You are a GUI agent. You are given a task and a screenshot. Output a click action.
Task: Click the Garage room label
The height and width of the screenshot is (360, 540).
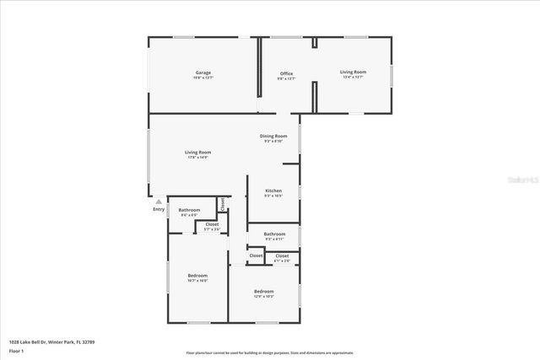(x=203, y=73)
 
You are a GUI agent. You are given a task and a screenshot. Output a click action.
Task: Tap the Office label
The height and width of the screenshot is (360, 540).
(x=286, y=74)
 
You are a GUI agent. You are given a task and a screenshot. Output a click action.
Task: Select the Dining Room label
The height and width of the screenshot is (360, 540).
(x=273, y=136)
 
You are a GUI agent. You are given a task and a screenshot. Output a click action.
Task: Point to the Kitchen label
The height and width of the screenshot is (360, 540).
(x=273, y=191)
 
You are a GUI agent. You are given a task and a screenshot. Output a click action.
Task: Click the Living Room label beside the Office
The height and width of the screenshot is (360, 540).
(x=353, y=73)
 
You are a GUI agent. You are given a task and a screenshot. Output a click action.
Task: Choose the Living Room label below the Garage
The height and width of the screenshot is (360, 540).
(x=197, y=153)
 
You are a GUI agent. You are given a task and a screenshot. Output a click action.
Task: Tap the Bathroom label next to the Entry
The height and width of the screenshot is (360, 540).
(x=189, y=210)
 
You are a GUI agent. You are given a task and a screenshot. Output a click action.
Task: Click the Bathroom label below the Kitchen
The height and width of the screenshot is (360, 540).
(x=274, y=234)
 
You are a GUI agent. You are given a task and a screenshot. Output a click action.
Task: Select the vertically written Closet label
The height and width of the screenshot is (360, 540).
(x=222, y=203)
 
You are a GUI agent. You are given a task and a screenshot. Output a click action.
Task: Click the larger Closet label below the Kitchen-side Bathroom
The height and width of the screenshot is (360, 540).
(x=282, y=255)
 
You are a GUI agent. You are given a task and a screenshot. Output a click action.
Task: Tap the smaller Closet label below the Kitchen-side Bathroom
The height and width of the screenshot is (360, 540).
(x=256, y=255)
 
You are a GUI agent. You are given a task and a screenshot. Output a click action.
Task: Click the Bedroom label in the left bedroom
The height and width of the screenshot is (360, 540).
(x=197, y=276)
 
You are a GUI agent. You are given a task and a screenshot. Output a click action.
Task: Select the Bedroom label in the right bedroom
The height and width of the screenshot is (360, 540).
(x=264, y=292)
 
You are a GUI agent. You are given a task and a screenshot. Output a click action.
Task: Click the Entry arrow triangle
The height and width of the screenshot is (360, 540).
(x=158, y=201)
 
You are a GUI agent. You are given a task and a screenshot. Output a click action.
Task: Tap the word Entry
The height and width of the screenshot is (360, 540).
(x=159, y=209)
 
